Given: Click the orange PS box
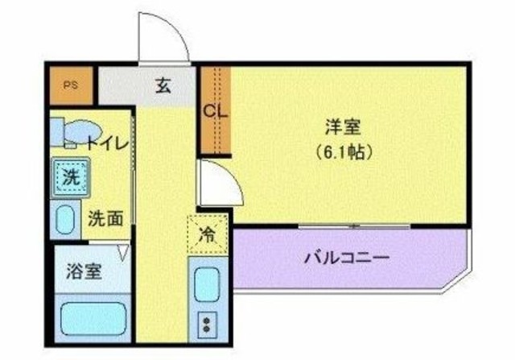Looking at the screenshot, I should (72, 85).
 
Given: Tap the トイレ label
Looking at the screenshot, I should (107, 145).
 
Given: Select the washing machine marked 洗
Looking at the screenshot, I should (70, 178).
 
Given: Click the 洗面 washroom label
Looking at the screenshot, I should (106, 218).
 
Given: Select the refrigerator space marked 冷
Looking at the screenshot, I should (207, 236).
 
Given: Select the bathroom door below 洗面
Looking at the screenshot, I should (123, 252).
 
